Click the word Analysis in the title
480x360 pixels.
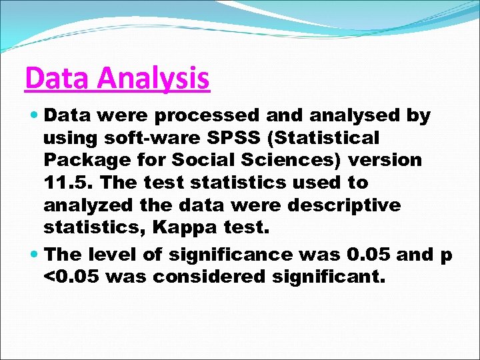click(x=154, y=79)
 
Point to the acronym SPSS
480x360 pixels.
click(x=221, y=138)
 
